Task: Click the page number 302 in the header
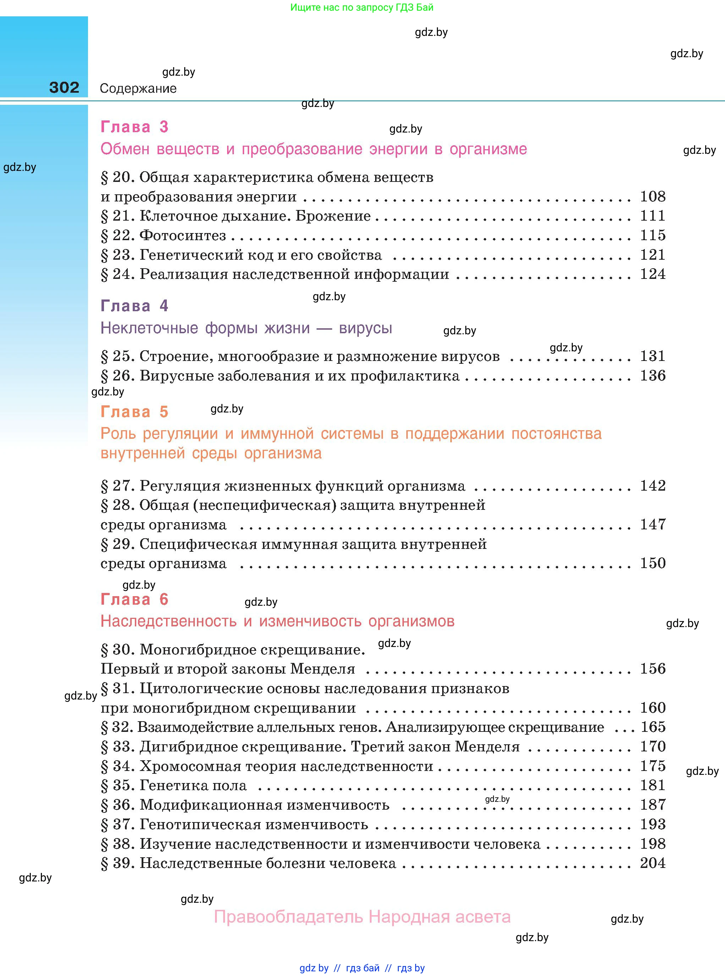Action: tap(64, 87)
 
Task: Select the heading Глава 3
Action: tap(134, 127)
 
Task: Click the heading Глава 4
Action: tap(134, 306)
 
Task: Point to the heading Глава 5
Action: tap(134, 412)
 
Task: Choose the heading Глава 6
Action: tap(134, 599)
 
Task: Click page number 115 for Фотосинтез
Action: tap(653, 235)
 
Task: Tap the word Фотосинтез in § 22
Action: tap(182, 236)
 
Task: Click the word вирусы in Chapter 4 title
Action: tap(365, 328)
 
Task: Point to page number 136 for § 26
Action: tap(653, 375)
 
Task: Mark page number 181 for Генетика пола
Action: tap(653, 785)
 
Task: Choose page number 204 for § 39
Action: tap(653, 863)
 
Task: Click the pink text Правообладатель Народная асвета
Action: tap(362, 917)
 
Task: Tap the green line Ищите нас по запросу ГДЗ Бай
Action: tap(362, 7)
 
